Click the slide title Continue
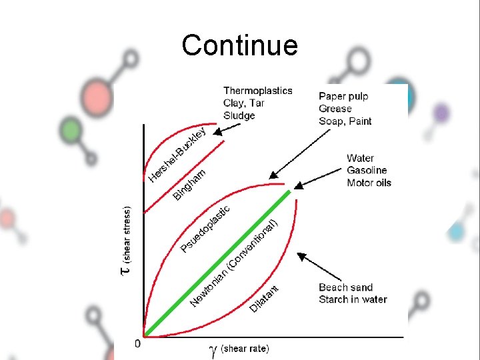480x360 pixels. click(x=239, y=46)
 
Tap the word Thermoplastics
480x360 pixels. click(x=257, y=91)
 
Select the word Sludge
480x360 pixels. click(x=239, y=115)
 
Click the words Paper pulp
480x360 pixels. click(x=343, y=97)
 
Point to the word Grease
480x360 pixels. click(x=335, y=109)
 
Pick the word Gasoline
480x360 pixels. click(x=367, y=171)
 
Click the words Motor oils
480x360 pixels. click(x=369, y=183)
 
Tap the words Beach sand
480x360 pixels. click(x=345, y=287)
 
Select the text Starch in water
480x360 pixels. click(x=353, y=299)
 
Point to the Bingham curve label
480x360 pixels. click(x=189, y=184)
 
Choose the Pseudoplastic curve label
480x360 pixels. click(x=205, y=229)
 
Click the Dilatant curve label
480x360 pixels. click(x=264, y=298)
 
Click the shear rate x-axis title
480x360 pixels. click(x=239, y=348)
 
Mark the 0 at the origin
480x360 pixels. click(x=137, y=343)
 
